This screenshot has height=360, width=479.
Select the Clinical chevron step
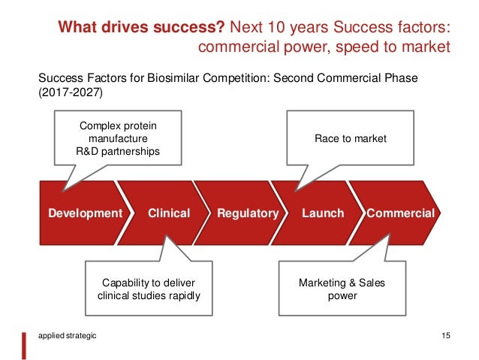coord(169,213)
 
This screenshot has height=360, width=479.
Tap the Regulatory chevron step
coord(247,213)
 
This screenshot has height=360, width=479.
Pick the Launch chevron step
coord(323,213)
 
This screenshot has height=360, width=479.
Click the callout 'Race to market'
coord(351,138)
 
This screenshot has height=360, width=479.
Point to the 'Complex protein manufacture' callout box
coord(118,138)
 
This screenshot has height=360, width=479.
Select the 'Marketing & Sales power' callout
coord(338,289)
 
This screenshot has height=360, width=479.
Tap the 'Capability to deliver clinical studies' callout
coord(149,289)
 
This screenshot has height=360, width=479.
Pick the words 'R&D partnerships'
coord(118,152)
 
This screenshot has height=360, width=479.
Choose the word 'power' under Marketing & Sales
coord(338,295)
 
